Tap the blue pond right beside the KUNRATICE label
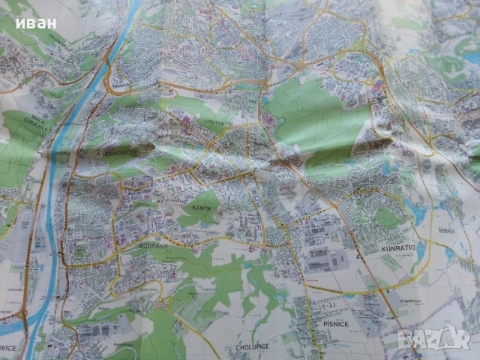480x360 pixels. coord(419,247)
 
